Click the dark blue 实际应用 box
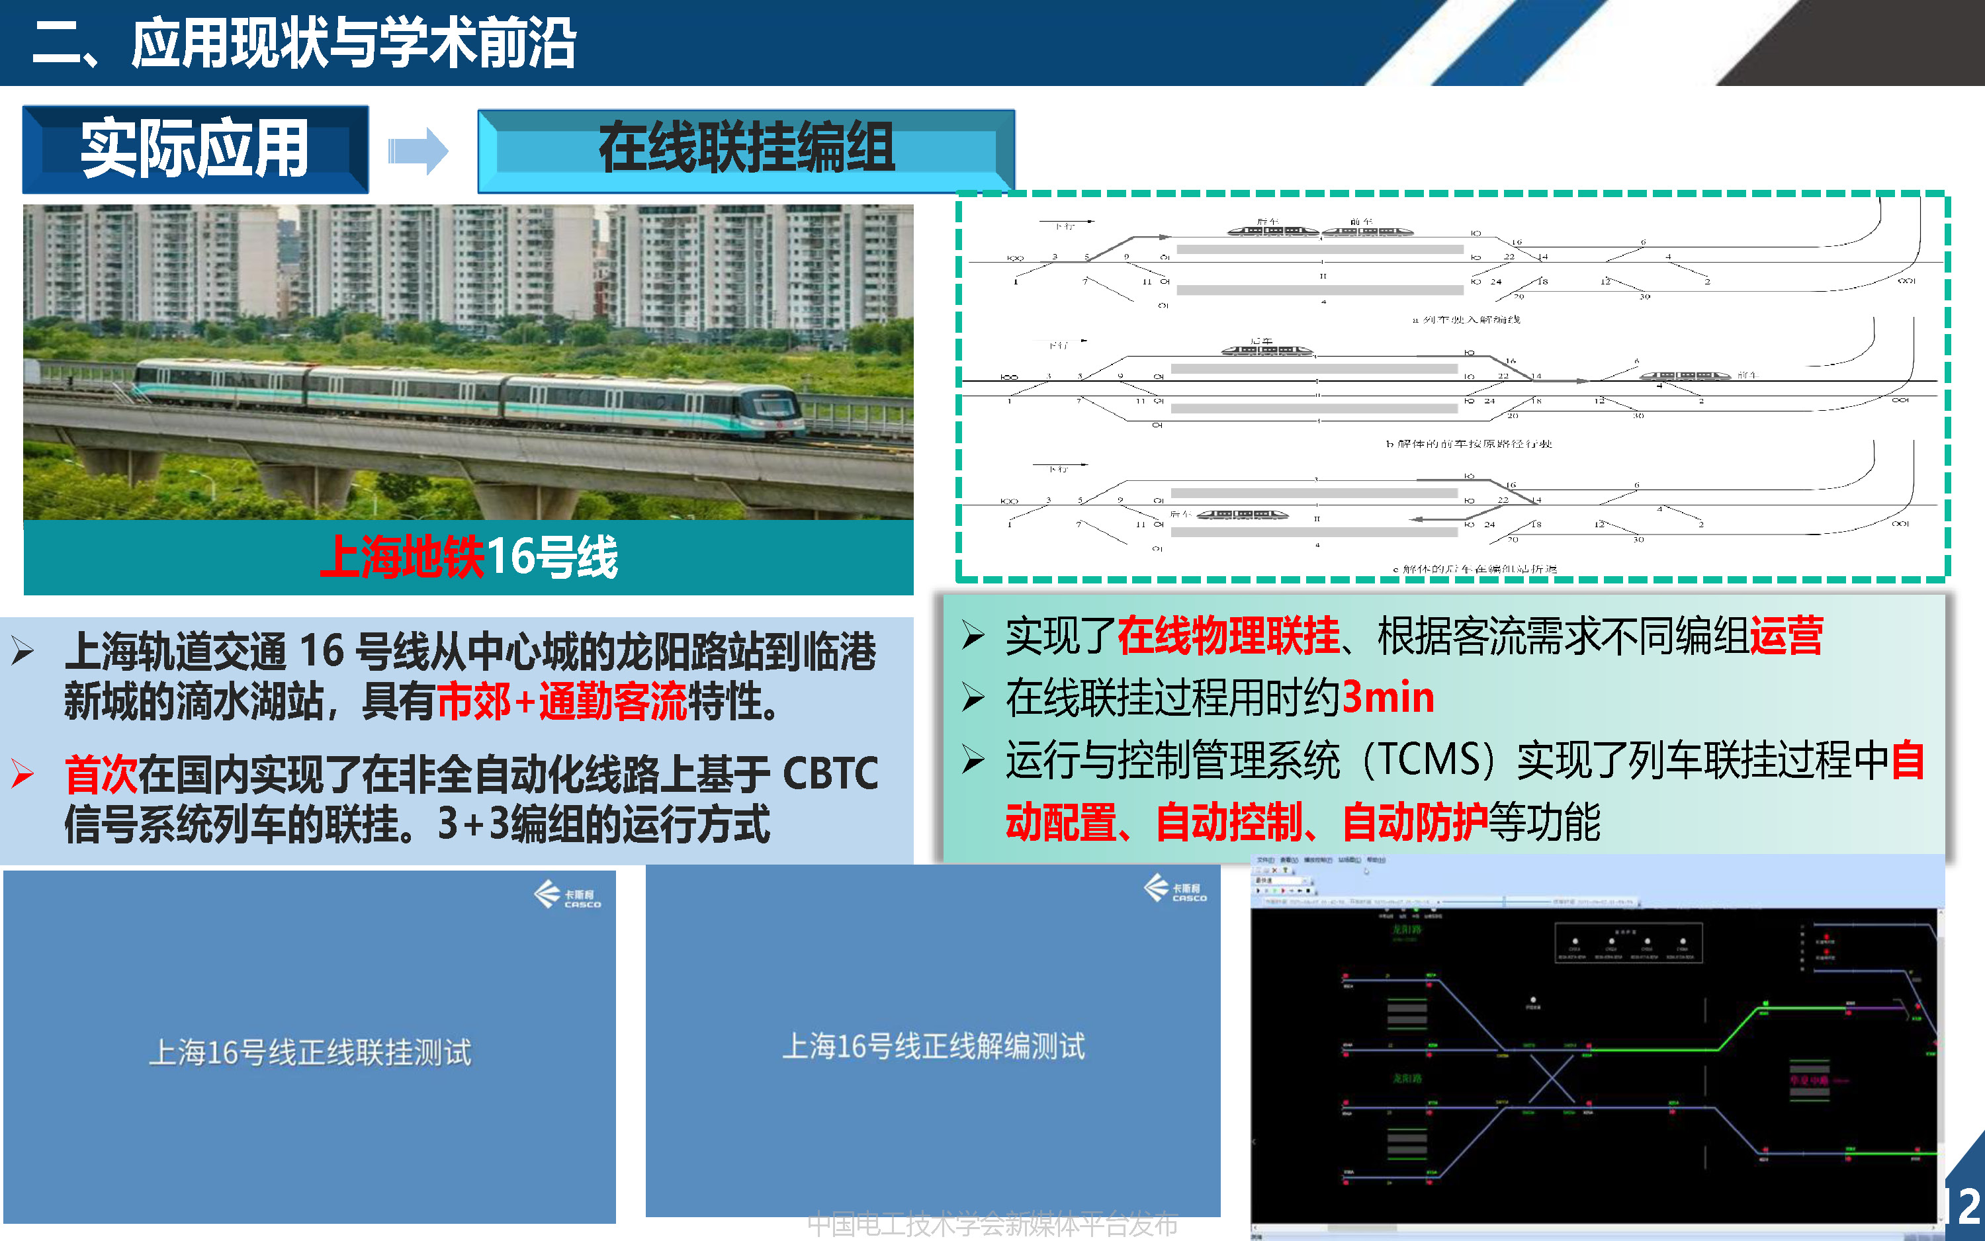click(195, 149)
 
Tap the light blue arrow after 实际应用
click(418, 151)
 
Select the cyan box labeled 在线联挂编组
click(746, 150)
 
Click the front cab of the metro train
click(768, 410)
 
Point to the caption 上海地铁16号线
click(468, 557)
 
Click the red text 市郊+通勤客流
click(562, 703)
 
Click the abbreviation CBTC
click(830, 774)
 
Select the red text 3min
click(1388, 698)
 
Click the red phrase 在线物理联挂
click(1228, 636)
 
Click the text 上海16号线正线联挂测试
click(310, 1053)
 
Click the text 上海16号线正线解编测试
click(934, 1047)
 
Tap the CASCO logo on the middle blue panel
click(1176, 889)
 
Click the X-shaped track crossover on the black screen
click(1550, 1080)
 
